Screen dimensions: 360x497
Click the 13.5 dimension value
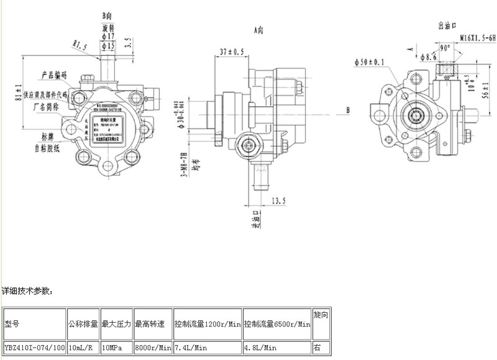tap(278, 200)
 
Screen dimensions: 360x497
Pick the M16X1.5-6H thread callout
tap(478, 37)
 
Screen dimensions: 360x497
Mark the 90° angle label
tap(445, 48)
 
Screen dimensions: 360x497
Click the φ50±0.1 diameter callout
tap(370, 61)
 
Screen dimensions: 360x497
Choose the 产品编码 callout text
tap(54, 74)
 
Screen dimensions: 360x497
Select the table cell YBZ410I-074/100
tap(34, 348)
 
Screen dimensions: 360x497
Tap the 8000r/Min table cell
tap(152, 348)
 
